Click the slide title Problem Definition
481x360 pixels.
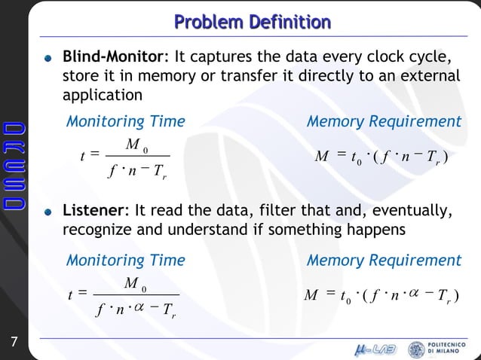pyautogui.click(x=252, y=21)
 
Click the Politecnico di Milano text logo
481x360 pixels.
pyautogui.click(x=452, y=349)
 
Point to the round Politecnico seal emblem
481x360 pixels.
pyautogui.click(x=416, y=349)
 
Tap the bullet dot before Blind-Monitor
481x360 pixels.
pyautogui.click(x=49, y=58)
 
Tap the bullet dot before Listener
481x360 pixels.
pyautogui.click(x=49, y=212)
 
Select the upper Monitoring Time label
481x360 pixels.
pyautogui.click(x=125, y=121)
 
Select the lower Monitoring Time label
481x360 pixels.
pyautogui.click(x=125, y=261)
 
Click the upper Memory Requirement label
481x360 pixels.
pyautogui.click(x=384, y=121)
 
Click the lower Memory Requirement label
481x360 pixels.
pyautogui.click(x=384, y=261)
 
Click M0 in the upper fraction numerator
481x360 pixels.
pyautogui.click(x=136, y=144)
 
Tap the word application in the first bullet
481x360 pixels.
pyautogui.click(x=102, y=96)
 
